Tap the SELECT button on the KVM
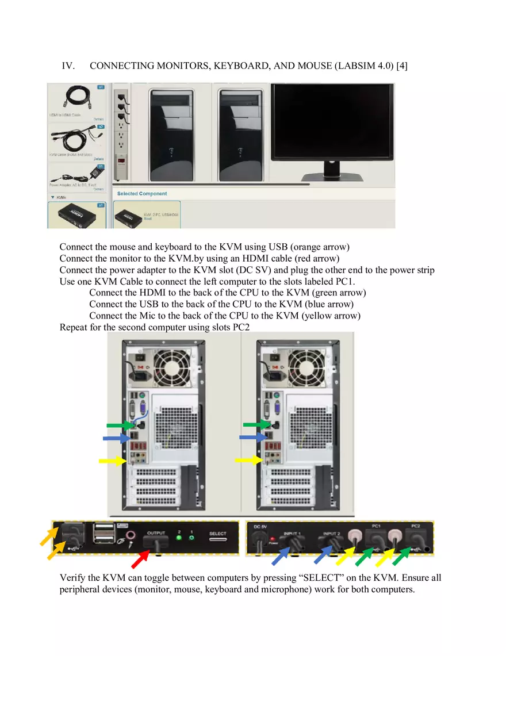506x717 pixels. [217, 538]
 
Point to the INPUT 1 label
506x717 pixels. [292, 534]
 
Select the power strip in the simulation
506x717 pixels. [121, 135]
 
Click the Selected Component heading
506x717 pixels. [142, 194]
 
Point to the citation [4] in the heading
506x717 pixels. [402, 66]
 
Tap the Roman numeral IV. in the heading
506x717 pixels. [68, 66]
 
